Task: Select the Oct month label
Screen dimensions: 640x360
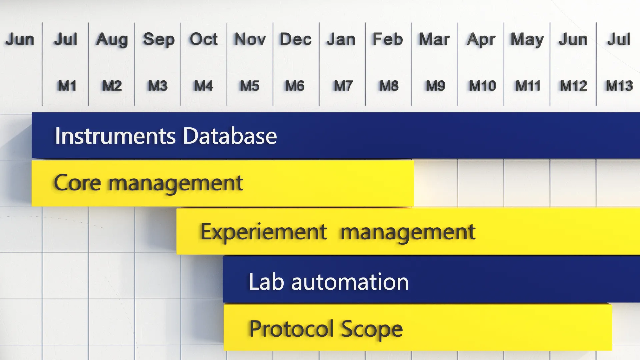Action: coord(204,39)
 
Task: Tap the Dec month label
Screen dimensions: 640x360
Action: coord(296,39)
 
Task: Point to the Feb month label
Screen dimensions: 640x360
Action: coord(388,39)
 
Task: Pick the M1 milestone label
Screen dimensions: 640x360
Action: coord(67,86)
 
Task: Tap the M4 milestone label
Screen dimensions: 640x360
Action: coord(203,86)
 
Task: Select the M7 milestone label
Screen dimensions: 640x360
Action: coord(343,86)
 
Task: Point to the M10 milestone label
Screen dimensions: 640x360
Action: coord(482,86)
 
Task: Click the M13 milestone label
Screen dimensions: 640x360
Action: coord(619,86)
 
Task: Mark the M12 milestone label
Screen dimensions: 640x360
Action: coord(573,86)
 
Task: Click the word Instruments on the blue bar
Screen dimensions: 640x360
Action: coord(115,136)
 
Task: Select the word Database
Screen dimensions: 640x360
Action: coord(230,136)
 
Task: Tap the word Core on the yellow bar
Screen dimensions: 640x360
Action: coord(77,183)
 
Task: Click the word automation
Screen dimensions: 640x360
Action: coord(350,282)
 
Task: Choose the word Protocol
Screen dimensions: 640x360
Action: coord(291,329)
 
